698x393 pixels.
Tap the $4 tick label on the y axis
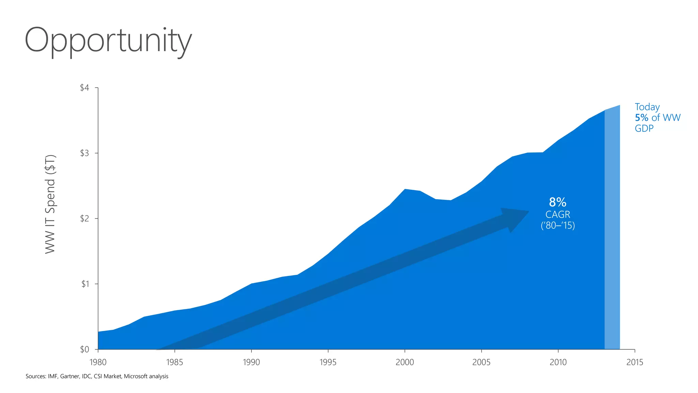[x=84, y=88]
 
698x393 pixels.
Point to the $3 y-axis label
[x=84, y=153]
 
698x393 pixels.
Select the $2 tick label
[x=84, y=218]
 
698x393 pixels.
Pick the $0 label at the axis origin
[x=84, y=349]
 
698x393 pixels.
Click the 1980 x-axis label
[x=98, y=362]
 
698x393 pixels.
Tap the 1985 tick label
[x=174, y=362]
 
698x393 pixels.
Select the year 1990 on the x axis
[x=251, y=362]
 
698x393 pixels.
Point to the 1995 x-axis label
[x=328, y=362]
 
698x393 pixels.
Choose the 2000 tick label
[x=405, y=362]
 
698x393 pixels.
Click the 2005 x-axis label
[x=481, y=362]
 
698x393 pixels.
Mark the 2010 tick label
[x=558, y=362]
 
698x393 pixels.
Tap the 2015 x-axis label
[x=635, y=362]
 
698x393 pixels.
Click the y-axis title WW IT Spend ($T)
[x=50, y=204]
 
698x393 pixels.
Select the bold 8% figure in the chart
[x=558, y=202]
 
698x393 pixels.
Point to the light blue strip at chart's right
[x=612, y=229]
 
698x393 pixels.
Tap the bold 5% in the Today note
[x=641, y=118]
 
